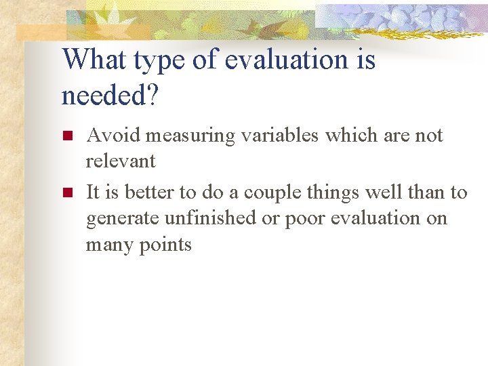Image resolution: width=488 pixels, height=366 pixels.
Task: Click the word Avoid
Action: [x=111, y=136]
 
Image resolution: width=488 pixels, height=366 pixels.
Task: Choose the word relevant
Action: [x=121, y=161]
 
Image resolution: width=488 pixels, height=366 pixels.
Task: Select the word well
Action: [x=383, y=192]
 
